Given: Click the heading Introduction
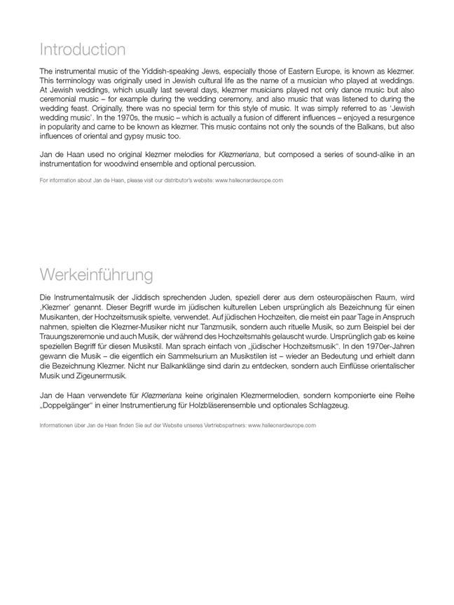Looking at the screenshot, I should coord(83,50).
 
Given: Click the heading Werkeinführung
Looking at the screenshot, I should coord(96,274).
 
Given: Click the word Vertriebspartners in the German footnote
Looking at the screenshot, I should coord(221,424).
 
